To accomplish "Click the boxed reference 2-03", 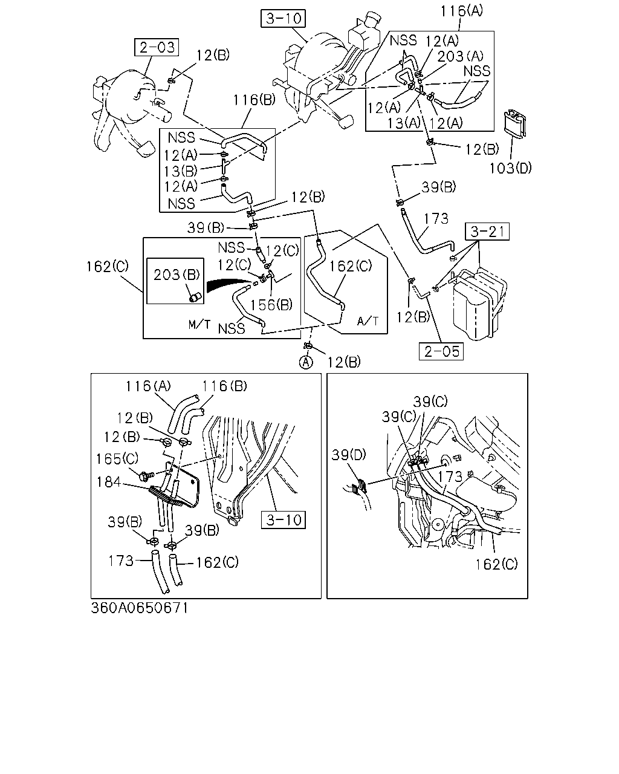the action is point(157,47).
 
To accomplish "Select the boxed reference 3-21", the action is point(487,231).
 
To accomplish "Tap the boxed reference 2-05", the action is point(441,351).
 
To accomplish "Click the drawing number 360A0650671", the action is point(140,608).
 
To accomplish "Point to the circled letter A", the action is point(306,362).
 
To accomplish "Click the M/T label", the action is point(199,325).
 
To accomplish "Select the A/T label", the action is point(368,321).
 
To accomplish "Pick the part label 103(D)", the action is point(510,167).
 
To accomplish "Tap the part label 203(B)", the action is point(177,275).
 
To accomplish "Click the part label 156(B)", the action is point(271,305).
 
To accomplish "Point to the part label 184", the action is point(108,482).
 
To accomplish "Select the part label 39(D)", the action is point(349,455).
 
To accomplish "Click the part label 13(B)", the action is point(181,171).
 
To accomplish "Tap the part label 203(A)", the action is point(461,56).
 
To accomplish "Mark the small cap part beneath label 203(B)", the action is point(196,298).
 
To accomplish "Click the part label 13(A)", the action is point(404,123).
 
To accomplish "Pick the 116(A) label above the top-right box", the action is point(462,11).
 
